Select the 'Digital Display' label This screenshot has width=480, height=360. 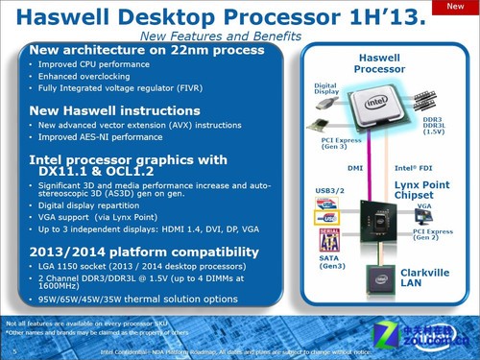click(326, 90)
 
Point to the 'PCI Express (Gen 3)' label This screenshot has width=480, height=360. click(329, 145)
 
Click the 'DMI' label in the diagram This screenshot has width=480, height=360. click(354, 168)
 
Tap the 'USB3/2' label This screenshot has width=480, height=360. click(329, 191)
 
